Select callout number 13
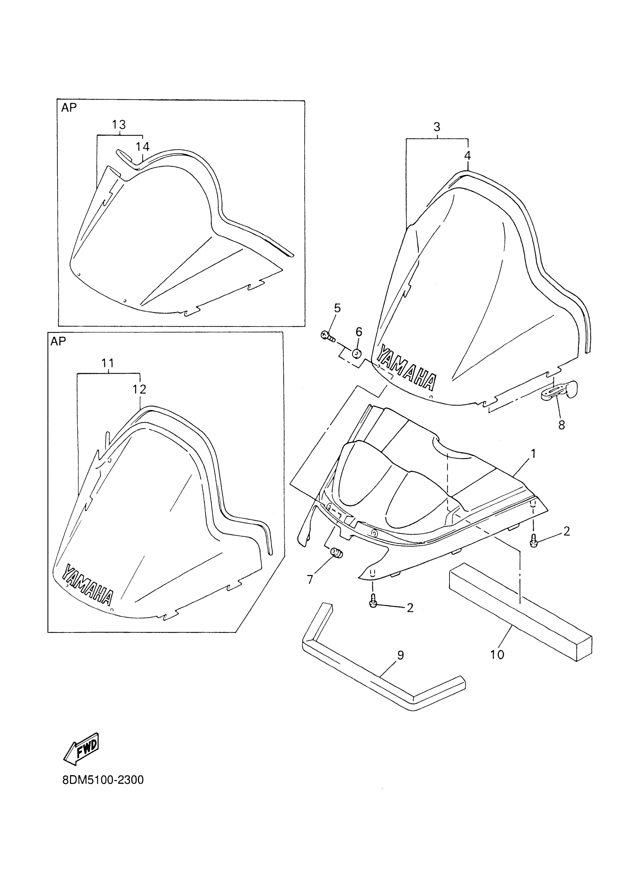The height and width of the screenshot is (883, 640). click(x=119, y=125)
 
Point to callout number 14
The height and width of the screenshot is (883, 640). click(x=143, y=147)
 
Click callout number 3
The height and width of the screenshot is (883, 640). click(x=437, y=127)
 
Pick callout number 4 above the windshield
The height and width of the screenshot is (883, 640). click(x=468, y=156)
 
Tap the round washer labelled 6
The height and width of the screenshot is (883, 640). click(x=357, y=354)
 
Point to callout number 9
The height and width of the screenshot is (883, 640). click(x=401, y=656)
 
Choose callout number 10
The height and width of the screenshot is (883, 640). click(x=497, y=655)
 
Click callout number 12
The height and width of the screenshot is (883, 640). click(x=139, y=389)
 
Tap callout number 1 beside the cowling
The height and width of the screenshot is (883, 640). click(x=533, y=453)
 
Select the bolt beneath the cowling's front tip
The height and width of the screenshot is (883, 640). click(x=373, y=603)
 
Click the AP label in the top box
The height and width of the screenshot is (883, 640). click(x=69, y=108)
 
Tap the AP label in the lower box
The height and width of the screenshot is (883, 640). click(x=58, y=341)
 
